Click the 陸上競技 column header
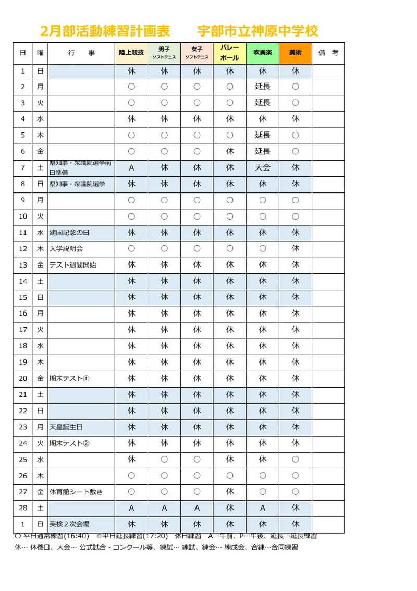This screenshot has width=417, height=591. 131,53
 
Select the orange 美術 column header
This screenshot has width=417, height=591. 296,53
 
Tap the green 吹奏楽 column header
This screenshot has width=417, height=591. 263,53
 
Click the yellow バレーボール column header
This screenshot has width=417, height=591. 230,53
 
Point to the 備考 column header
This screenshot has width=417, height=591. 328,53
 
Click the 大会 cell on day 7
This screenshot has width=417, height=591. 263,167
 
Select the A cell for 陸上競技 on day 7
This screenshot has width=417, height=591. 131,167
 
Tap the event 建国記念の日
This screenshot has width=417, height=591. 69,233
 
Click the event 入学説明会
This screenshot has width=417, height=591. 66,249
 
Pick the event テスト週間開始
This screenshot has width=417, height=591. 73,265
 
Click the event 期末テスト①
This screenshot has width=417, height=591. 69,379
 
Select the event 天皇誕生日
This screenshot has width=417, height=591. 66,427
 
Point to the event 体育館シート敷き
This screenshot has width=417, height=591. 76,492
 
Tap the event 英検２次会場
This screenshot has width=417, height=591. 69,524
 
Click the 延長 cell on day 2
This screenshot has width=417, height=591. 263,87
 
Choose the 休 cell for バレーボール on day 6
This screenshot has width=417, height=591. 230,151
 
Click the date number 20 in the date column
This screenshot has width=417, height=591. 22,379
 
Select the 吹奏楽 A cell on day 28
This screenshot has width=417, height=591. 263,508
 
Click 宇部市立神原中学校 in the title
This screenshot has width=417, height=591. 257,31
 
